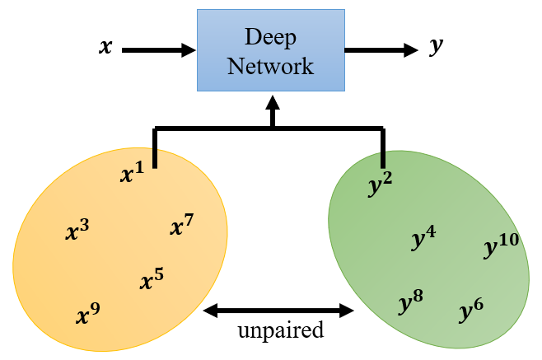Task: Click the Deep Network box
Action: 270,50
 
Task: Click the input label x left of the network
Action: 105,47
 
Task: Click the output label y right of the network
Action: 436,47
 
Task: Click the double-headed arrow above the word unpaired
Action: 278,311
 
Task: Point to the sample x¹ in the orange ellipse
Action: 131,174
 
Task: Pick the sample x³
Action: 77,231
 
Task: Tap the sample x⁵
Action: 152,281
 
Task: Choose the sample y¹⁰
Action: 501,245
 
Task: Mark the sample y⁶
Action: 471,310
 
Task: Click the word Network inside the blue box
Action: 271,66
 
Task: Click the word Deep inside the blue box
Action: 271,36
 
